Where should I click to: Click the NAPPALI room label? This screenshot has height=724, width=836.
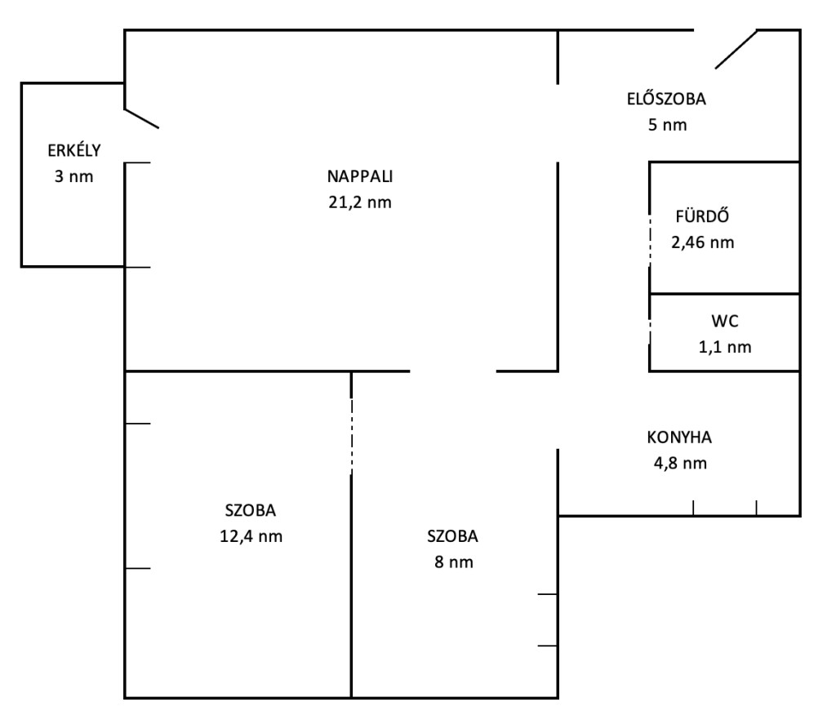(x=360, y=176)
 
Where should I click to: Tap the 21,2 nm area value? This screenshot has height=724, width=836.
(x=360, y=202)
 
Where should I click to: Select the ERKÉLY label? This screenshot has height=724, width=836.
(x=74, y=150)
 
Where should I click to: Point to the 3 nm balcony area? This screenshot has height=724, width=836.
(x=74, y=176)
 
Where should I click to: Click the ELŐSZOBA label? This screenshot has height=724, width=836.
(x=666, y=99)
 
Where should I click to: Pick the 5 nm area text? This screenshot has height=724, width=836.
(x=668, y=125)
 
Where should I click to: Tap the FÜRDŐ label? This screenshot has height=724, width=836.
(x=702, y=216)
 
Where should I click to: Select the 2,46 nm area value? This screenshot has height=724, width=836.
(x=703, y=242)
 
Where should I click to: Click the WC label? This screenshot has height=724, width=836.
(x=725, y=321)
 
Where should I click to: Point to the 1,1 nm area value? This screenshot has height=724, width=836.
(x=725, y=347)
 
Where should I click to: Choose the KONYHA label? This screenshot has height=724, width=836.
(x=679, y=438)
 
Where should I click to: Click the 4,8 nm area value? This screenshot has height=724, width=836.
(x=680, y=464)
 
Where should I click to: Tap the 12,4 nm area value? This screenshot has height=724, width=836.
(x=251, y=536)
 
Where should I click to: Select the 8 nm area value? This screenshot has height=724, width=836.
(x=454, y=562)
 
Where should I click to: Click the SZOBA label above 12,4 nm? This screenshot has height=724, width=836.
(x=251, y=510)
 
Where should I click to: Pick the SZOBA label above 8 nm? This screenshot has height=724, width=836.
(x=452, y=535)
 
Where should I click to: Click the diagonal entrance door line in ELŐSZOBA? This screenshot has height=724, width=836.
(x=736, y=49)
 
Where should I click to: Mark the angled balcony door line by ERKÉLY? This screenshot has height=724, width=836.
(x=142, y=118)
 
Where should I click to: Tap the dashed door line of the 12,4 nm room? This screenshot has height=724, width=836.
(x=351, y=436)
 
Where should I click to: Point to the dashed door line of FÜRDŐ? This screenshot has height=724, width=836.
(x=650, y=240)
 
